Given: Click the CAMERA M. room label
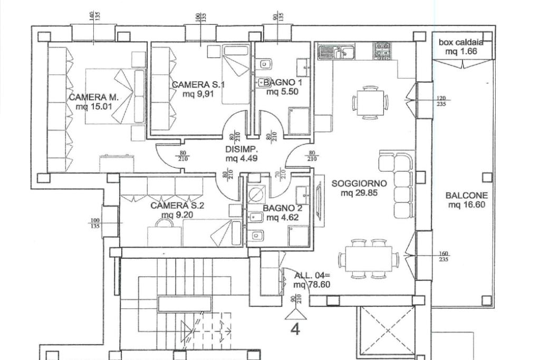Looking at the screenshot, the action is (x=94, y=98).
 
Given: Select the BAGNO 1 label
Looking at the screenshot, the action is (x=283, y=83).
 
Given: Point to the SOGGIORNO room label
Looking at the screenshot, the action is (x=359, y=183).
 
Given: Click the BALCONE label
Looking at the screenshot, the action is (x=467, y=195).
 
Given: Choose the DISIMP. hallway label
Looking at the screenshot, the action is (x=241, y=149).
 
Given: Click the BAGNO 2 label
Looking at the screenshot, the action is (x=283, y=208).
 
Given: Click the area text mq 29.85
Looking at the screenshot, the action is (x=359, y=193).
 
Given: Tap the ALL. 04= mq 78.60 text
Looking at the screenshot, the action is (x=312, y=280).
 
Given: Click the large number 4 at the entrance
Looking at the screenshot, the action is (x=295, y=330).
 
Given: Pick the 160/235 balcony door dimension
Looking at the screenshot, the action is (x=443, y=257).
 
